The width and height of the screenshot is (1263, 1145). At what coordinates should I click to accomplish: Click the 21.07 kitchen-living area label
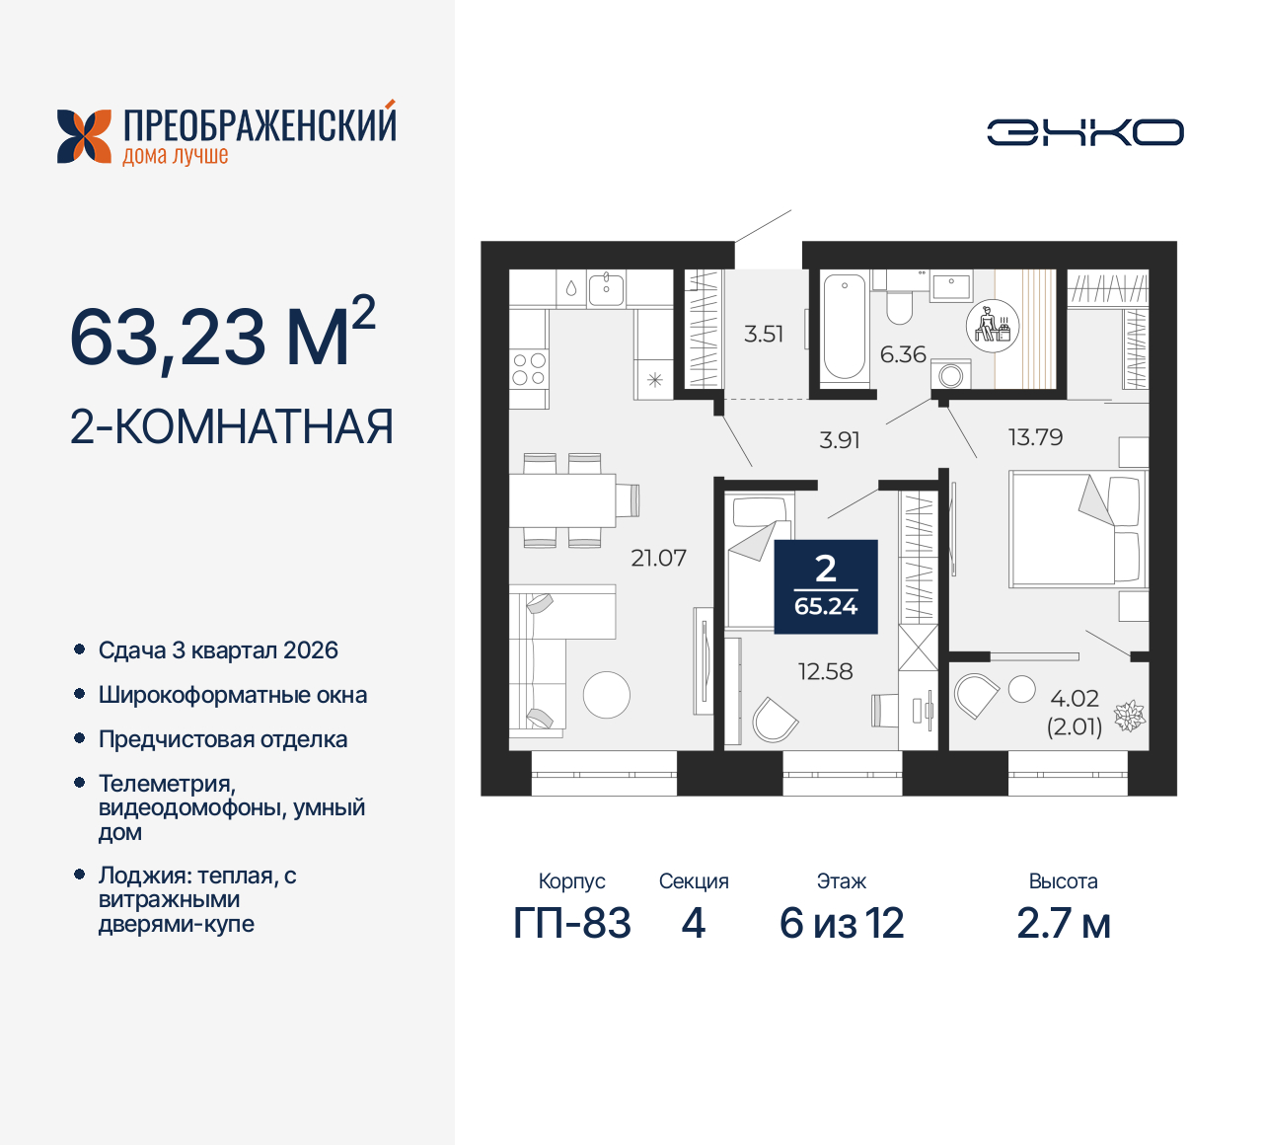click(x=658, y=558)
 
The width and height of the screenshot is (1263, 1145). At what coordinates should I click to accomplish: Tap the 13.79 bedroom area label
click(x=1035, y=437)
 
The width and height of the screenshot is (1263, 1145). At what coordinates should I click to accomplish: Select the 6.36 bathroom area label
click(x=903, y=354)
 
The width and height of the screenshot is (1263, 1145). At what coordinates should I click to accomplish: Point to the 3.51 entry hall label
click(x=764, y=334)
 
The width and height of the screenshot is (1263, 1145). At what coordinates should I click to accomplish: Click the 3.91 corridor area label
click(x=840, y=440)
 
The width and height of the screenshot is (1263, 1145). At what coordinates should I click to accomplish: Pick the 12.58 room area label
click(x=825, y=672)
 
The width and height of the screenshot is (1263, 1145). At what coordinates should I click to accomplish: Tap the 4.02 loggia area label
click(x=1075, y=699)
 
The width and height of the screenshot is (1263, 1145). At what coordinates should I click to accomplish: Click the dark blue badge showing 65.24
click(x=826, y=586)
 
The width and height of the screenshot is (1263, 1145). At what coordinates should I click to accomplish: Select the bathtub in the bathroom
click(x=844, y=327)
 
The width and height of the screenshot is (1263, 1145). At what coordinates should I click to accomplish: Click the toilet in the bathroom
click(x=899, y=305)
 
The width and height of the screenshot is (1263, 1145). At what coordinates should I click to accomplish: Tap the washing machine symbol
click(x=951, y=375)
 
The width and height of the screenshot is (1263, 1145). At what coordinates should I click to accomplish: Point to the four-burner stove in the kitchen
click(x=529, y=369)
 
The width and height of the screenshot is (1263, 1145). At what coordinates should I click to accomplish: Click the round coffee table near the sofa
click(x=606, y=695)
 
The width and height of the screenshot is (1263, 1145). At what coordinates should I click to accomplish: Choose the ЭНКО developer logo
click(x=1085, y=132)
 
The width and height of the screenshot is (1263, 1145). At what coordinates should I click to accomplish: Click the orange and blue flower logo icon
click(x=84, y=136)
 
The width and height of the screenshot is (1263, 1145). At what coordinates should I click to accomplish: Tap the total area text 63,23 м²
click(x=222, y=336)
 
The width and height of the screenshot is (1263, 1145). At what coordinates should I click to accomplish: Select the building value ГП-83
click(x=572, y=923)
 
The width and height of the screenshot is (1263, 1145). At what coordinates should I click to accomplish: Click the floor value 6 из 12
click(x=842, y=923)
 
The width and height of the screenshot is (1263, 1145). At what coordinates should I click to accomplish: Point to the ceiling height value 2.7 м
click(x=1063, y=923)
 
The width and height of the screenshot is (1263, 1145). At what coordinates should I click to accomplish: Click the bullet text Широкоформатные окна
click(x=233, y=695)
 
